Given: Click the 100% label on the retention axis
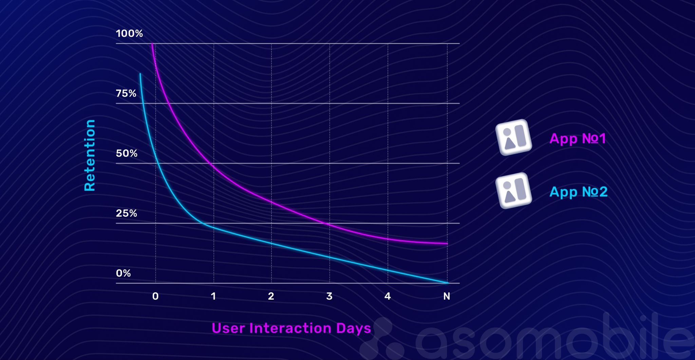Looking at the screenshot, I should click(x=129, y=33).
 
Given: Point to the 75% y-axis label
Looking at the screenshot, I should click(x=126, y=93).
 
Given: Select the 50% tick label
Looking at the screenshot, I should click(x=127, y=153).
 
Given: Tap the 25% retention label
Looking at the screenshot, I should click(x=126, y=213).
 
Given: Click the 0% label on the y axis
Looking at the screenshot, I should click(x=123, y=273).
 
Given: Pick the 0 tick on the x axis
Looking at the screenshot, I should click(x=155, y=296).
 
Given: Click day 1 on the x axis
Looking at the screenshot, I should click(x=213, y=296).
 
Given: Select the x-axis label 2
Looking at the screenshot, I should click(x=271, y=296).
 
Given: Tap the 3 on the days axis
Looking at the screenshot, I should click(x=329, y=296).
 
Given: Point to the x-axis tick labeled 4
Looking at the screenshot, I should click(x=388, y=296).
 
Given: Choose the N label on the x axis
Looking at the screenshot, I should click(x=447, y=296).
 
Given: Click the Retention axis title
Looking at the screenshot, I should click(x=90, y=155).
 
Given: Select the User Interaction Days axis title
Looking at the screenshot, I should click(x=291, y=328).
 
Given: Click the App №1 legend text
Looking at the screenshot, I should click(x=578, y=138).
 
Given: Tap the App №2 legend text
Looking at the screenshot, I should click(x=578, y=192).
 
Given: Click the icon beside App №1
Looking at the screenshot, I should click(x=514, y=137).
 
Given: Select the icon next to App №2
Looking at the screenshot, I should click(x=514, y=191).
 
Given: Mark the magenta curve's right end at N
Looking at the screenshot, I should click(x=447, y=243).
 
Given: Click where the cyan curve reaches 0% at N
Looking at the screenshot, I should click(x=447, y=282).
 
